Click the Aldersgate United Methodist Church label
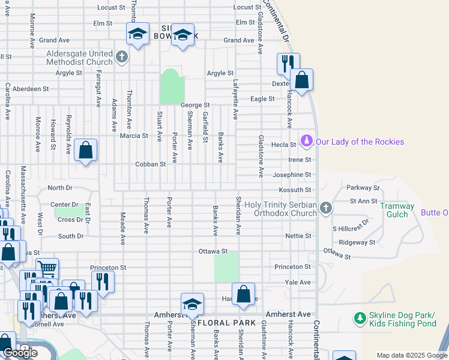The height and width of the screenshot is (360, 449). tap(80, 58)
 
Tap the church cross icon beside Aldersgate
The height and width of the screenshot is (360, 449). tap(122, 58)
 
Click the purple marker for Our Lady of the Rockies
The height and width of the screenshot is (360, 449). tap(307, 141)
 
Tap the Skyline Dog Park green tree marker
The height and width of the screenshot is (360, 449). tap(360, 318)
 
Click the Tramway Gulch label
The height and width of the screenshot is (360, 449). tap(397, 210)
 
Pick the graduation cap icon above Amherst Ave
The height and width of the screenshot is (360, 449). tap(192, 304)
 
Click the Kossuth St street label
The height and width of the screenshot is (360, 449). tap(298, 190)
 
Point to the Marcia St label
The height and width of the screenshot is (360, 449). tap(134, 136)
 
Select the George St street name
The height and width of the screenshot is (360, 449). tap(194, 105)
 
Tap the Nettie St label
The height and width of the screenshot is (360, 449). tap(298, 236)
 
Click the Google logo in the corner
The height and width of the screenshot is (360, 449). tap(20, 353)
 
